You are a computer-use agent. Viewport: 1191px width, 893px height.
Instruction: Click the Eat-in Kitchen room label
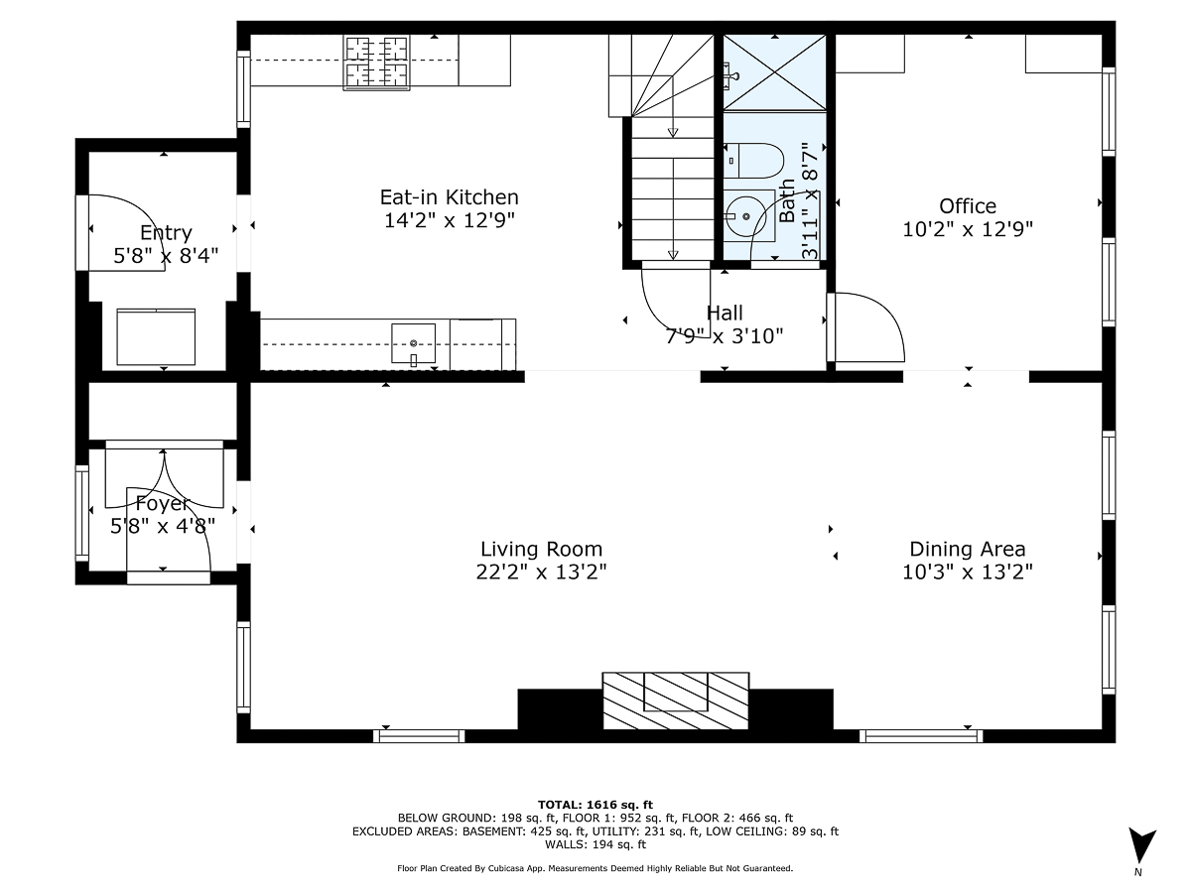point(449,196)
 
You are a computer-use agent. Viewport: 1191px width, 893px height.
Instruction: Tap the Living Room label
point(541,549)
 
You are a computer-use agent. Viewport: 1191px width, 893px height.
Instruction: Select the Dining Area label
point(967,549)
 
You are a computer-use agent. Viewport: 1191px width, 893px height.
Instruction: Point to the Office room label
point(968,205)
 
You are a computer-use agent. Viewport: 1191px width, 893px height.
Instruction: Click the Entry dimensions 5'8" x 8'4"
point(166,255)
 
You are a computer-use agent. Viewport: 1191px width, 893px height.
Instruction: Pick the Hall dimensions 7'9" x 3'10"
point(724,335)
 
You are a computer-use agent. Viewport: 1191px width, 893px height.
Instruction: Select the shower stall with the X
point(774,72)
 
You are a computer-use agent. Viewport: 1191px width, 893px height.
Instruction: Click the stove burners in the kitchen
point(377,61)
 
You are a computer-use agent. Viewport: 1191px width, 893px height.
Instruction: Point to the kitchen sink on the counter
point(413,343)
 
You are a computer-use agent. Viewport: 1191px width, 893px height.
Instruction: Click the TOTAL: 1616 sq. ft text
point(595,804)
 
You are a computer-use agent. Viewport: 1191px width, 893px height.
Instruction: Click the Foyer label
point(162,503)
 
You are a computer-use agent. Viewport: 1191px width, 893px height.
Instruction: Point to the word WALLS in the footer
point(565,845)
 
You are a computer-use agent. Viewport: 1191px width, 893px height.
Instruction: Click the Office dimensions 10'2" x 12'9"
point(968,228)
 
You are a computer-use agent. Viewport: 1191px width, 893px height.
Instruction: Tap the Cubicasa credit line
point(595,868)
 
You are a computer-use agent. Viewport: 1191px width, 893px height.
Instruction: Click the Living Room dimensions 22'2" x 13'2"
point(541,572)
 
